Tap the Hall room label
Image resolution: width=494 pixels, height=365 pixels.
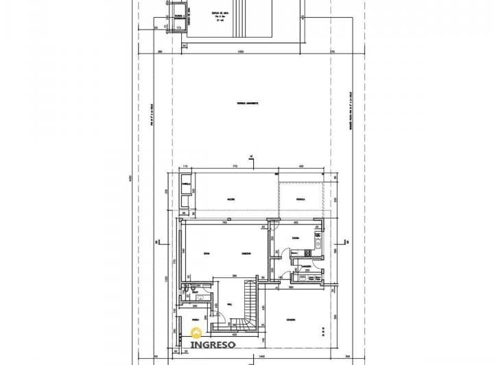pos(228,305)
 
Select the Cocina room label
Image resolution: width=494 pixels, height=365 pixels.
pos(294,239)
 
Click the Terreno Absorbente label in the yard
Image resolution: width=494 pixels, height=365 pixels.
pos(247,103)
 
